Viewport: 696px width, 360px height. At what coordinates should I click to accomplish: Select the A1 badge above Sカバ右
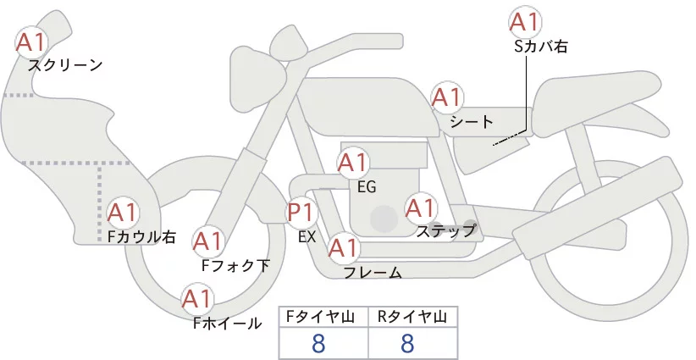click(x=525, y=22)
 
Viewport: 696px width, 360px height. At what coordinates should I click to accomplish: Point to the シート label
click(x=472, y=122)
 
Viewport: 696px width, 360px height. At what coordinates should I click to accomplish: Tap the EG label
click(x=367, y=186)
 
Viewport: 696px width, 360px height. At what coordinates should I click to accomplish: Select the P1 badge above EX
click(x=302, y=211)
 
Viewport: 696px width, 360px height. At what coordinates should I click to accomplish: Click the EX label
click(x=307, y=237)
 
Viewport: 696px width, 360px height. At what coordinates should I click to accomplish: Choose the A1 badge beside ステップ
click(x=421, y=208)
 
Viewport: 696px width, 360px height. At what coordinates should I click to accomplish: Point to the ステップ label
click(x=445, y=230)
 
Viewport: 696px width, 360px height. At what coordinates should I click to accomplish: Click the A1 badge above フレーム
click(x=343, y=248)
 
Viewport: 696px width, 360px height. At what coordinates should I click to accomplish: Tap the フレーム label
click(x=372, y=273)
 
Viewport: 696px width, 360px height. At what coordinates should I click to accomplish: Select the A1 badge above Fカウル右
click(x=124, y=212)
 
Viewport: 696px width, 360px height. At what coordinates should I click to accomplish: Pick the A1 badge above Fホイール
click(x=197, y=299)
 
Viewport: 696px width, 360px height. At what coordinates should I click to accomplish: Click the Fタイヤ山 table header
click(x=323, y=317)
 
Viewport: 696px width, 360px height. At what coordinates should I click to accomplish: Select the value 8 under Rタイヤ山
click(x=407, y=343)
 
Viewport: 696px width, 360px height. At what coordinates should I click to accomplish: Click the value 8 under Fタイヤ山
click(x=318, y=343)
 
